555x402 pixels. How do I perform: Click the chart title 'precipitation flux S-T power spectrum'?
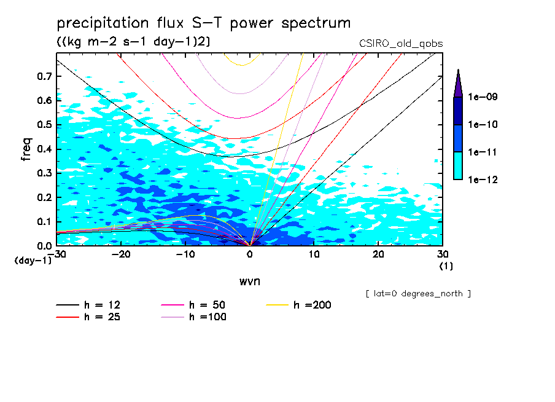tap(204, 23)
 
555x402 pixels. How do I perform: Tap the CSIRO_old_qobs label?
tap(401, 43)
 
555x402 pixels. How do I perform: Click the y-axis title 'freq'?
tap(26, 149)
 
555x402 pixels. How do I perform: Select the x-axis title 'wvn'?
tap(249, 281)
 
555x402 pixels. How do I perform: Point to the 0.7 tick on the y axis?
tap(44, 76)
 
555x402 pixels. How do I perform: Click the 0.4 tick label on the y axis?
tap(44, 149)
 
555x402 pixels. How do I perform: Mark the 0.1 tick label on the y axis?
tap(44, 221)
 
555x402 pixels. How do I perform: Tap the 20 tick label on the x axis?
tap(378, 254)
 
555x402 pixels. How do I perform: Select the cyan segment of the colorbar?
tap(458, 165)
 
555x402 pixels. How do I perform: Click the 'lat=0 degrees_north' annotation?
tap(417, 294)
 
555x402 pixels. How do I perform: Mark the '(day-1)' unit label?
tap(33, 261)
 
